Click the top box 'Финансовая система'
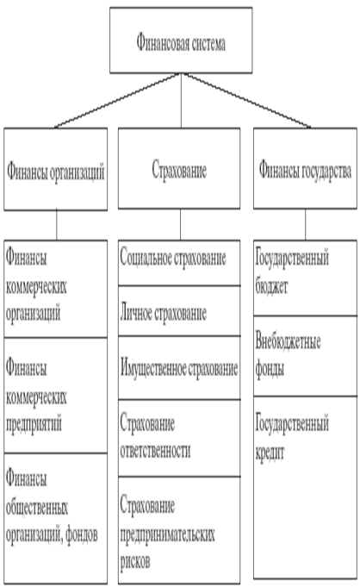click(x=181, y=41)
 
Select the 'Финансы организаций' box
click(x=56, y=169)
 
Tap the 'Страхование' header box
click(x=179, y=168)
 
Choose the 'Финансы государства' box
click(x=306, y=168)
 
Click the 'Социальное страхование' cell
click(x=179, y=263)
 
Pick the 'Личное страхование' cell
click(x=179, y=310)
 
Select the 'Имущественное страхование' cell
click(x=179, y=367)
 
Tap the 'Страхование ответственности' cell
click(x=179, y=438)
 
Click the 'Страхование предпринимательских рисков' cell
click(x=179, y=530)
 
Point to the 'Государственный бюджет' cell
click(x=306, y=278)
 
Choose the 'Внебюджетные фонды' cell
click(x=306, y=356)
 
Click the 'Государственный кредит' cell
click(x=306, y=487)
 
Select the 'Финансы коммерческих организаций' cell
click(x=56, y=289)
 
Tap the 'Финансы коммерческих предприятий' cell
click(x=56, y=396)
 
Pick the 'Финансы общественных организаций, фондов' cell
click(x=56, y=519)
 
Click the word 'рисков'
click(x=135, y=561)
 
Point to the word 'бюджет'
click(x=271, y=287)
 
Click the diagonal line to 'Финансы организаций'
click(x=118, y=100)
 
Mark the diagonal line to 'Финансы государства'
click(x=245, y=100)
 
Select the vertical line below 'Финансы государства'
click(x=306, y=225)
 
